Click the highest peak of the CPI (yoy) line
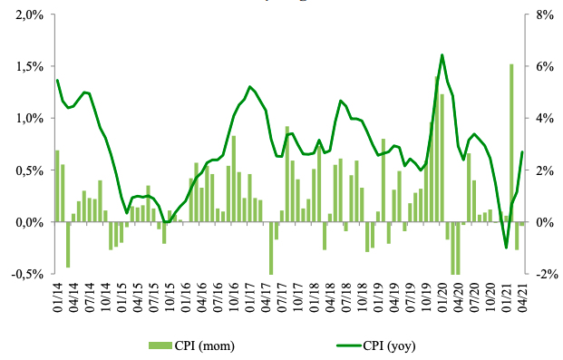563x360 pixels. point(442,55)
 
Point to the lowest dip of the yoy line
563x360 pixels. point(506,247)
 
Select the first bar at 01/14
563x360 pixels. point(57,186)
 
